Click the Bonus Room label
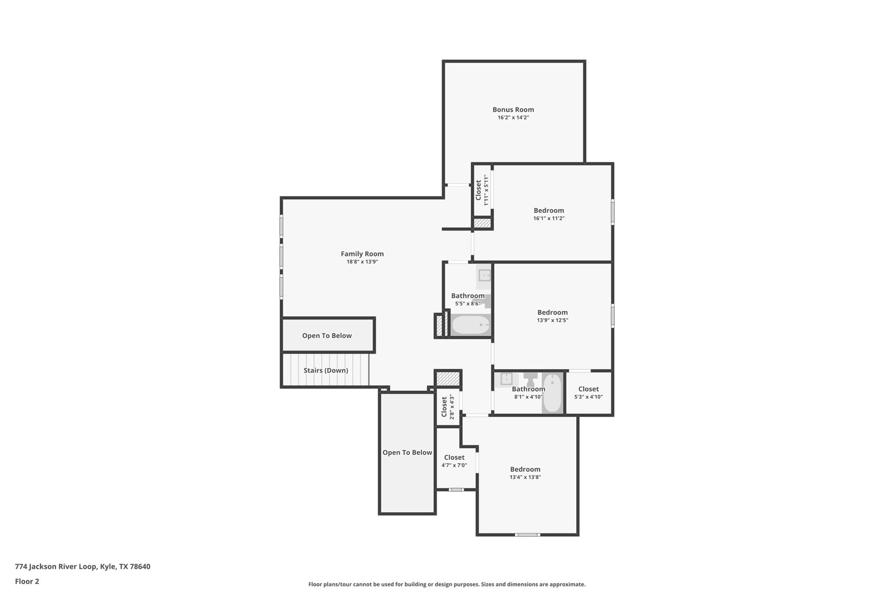tap(513, 110)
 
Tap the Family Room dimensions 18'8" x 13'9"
tap(362, 262)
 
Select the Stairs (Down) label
tap(326, 370)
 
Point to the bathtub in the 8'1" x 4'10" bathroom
tap(552, 393)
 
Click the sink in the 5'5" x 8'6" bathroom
tap(484, 276)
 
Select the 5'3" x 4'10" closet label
tap(588, 389)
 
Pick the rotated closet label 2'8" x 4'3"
tap(448, 407)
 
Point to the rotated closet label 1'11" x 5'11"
tap(482, 190)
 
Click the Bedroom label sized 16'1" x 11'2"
tap(549, 210)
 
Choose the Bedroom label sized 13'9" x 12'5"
tap(552, 312)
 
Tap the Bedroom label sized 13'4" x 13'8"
tap(525, 469)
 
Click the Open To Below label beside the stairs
tap(327, 336)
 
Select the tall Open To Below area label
tap(407, 453)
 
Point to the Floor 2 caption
tap(27, 582)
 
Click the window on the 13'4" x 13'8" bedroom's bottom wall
tap(527, 534)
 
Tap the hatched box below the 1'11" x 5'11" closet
tap(482, 223)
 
